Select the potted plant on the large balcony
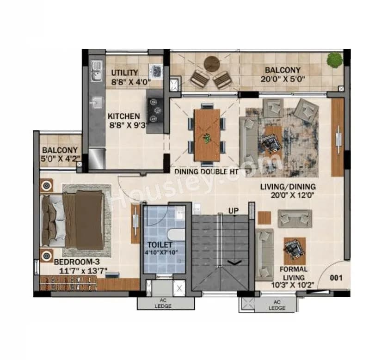(334, 60)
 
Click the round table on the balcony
(212, 64)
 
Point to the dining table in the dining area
(207, 134)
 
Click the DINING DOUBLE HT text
(207, 171)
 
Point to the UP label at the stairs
(233, 211)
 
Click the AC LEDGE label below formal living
(276, 305)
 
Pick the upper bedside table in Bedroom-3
(46, 186)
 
